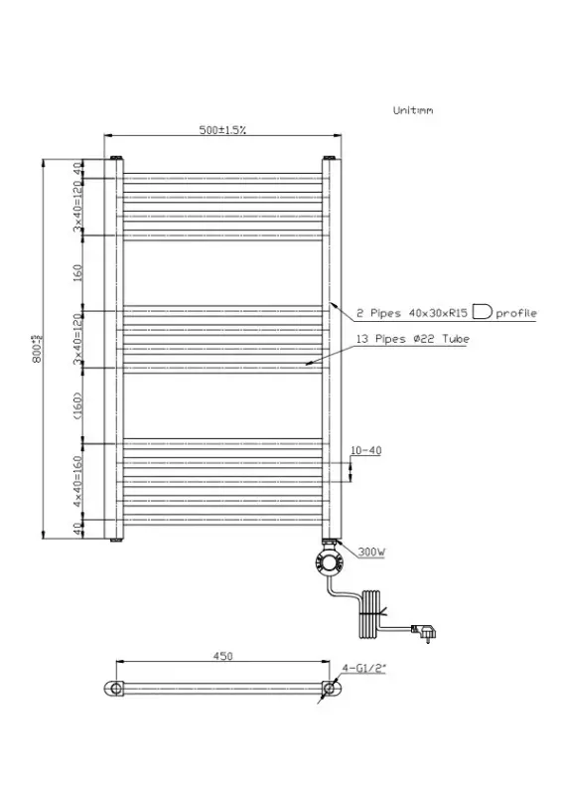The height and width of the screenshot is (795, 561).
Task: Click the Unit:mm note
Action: pyautogui.click(x=413, y=111)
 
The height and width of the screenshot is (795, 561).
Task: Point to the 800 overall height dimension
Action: pyautogui.click(x=37, y=350)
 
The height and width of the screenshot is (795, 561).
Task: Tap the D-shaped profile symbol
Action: pyautogui.click(x=482, y=312)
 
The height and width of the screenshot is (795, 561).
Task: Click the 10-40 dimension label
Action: pyautogui.click(x=366, y=450)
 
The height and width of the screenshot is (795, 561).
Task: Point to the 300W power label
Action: pyautogui.click(x=371, y=550)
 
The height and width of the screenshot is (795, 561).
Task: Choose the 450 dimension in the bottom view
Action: pyautogui.click(x=222, y=656)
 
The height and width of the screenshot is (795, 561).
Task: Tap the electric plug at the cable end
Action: pyautogui.click(x=429, y=628)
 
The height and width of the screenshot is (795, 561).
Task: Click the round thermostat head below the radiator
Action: pyautogui.click(x=329, y=560)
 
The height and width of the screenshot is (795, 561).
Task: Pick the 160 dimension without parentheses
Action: pyautogui.click(x=77, y=269)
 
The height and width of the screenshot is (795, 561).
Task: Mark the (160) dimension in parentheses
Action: pyautogui.click(x=77, y=404)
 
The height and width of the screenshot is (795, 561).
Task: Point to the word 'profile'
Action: pyautogui.click(x=516, y=313)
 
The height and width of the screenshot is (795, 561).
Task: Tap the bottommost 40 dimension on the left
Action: pyautogui.click(x=77, y=528)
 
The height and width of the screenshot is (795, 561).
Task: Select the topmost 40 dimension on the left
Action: pyautogui.click(x=77, y=169)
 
